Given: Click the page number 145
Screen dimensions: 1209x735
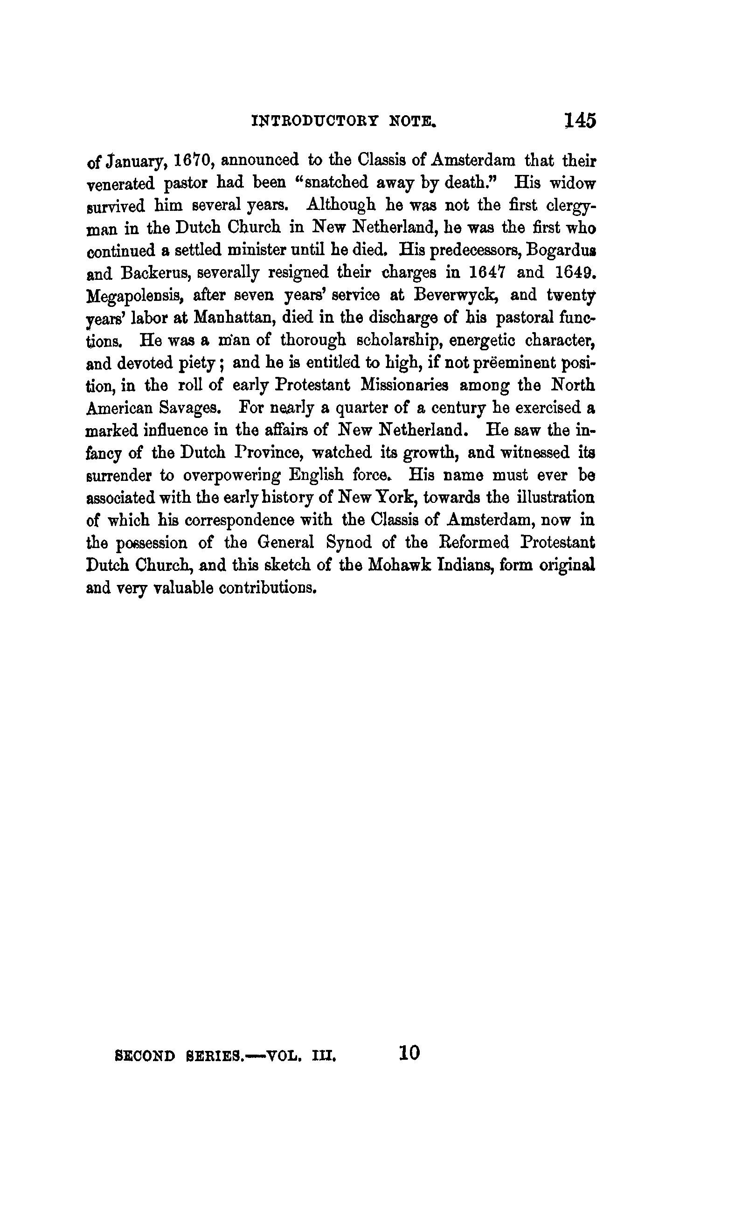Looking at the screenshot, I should [x=580, y=121].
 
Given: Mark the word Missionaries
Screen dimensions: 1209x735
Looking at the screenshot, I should [x=404, y=385].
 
